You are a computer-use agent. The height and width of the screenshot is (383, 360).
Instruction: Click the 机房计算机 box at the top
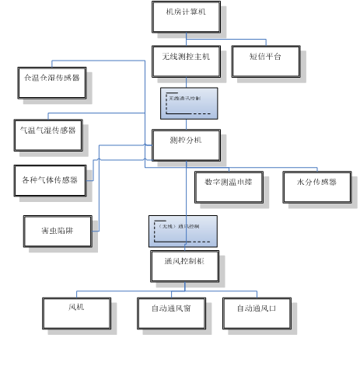click(186, 16)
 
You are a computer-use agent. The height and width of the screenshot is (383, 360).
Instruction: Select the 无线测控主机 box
click(186, 61)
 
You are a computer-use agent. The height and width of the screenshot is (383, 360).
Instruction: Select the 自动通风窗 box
click(177, 314)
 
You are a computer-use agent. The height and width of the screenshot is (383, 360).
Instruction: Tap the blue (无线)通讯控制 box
click(183, 231)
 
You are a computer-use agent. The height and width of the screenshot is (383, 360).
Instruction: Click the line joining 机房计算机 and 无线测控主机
click(186, 38)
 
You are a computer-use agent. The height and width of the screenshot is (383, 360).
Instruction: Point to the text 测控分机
click(186, 141)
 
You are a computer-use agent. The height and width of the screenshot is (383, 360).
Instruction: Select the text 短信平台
click(265, 57)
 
